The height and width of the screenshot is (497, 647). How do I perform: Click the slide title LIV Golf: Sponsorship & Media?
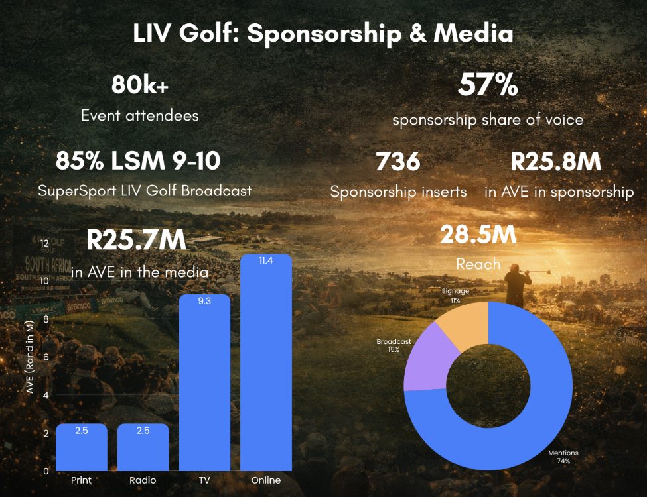323,34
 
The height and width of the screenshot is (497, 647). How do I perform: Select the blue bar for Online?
266,371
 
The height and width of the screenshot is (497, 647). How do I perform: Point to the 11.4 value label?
266,261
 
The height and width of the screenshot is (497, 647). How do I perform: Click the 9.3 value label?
204,301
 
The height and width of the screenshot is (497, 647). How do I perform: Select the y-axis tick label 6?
46,357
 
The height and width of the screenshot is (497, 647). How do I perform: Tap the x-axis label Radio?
143,480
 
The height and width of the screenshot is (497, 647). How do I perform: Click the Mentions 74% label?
563,457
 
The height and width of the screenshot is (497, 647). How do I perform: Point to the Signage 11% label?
455,296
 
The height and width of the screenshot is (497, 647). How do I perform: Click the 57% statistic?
488,85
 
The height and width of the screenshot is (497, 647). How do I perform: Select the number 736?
398,162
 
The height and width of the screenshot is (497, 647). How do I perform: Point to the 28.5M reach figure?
478,235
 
